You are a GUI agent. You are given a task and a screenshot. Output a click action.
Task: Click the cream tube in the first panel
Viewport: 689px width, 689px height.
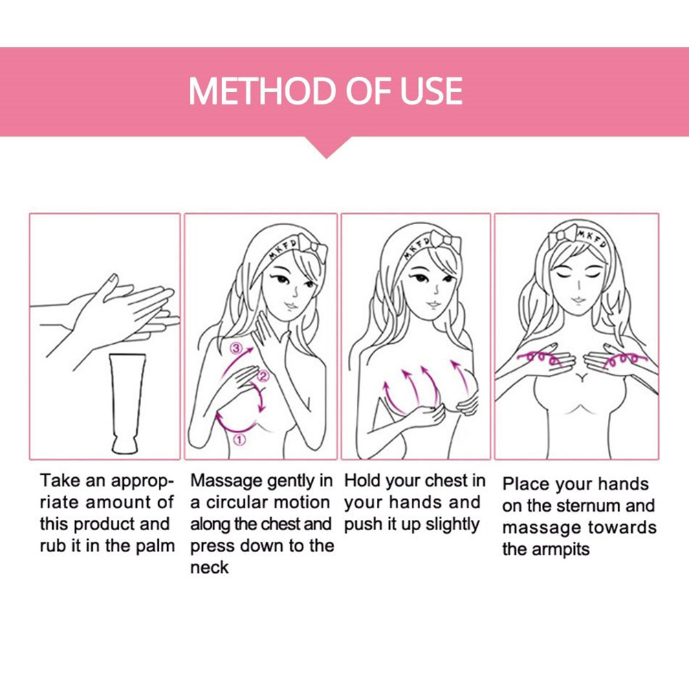click(127, 403)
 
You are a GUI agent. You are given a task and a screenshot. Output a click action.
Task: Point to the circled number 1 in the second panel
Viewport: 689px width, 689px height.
click(239, 439)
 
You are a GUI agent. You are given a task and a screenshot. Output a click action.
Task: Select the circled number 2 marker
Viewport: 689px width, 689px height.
click(263, 375)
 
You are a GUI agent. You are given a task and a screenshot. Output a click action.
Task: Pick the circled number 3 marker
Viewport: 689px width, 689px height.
click(237, 349)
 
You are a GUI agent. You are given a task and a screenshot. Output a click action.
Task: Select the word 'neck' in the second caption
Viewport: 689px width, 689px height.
click(209, 567)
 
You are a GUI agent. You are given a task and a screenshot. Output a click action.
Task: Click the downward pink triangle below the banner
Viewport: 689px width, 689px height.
click(327, 147)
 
